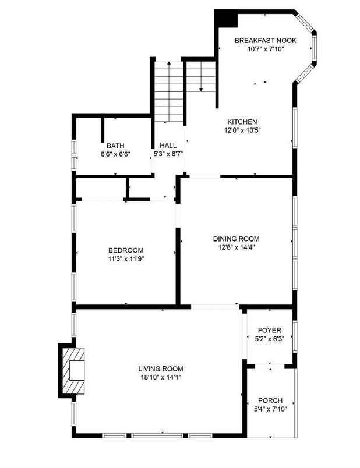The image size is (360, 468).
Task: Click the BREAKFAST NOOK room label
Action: [265, 40]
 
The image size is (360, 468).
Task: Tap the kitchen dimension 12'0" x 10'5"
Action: [242, 130]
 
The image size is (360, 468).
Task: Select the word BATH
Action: [115, 146]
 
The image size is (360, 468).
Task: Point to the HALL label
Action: [168, 146]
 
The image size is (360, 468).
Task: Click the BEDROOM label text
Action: [126, 250]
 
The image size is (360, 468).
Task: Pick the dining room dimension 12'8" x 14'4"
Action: [237, 247]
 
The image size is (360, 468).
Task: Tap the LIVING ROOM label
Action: [161, 369]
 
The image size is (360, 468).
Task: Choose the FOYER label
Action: [270, 331]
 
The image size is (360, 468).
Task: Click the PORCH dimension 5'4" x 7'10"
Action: [270, 409]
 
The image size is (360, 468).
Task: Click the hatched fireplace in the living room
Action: [73, 370]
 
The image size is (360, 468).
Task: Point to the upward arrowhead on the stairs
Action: [169, 63]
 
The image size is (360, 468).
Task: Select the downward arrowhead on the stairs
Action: [201, 89]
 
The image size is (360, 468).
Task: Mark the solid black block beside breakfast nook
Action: [226, 19]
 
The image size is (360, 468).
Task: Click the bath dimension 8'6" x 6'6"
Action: [115, 154]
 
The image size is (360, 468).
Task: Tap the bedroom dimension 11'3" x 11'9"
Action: [126, 259]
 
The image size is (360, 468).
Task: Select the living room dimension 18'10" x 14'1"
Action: [161, 377]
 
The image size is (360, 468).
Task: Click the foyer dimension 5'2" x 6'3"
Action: [270, 339]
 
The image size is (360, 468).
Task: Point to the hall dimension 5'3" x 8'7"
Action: [168, 154]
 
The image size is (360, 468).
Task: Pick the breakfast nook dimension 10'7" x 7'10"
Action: [265, 49]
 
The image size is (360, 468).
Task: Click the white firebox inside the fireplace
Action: [77, 370]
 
